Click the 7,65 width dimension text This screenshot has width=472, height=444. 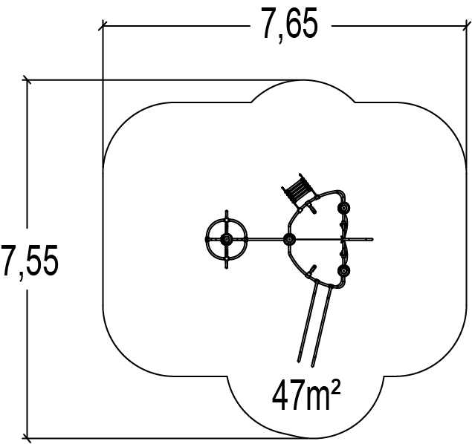[290, 25]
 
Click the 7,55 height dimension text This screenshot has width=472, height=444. [30, 261]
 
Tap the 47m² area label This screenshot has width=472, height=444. [306, 394]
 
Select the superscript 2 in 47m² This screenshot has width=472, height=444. [336, 387]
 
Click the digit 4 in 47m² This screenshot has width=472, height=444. [280, 394]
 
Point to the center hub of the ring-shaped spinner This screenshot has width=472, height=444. [227, 239]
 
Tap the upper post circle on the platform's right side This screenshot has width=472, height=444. [343, 208]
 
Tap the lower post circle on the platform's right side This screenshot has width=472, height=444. [343, 271]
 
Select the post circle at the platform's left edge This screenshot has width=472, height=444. [289, 240]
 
